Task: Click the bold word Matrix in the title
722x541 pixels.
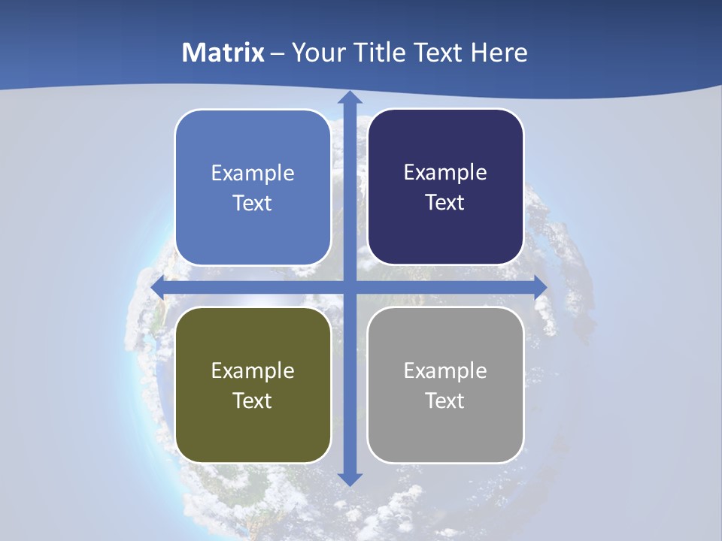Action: pos(223,53)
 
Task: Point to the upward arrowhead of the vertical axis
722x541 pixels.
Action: pos(349,98)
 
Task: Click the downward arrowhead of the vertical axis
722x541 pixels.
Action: pos(349,479)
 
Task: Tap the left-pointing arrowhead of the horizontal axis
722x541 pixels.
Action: pos(158,288)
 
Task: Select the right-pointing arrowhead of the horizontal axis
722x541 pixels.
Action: pos(540,288)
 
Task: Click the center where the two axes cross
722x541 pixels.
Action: pos(349,288)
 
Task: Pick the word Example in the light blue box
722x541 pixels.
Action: pos(253,174)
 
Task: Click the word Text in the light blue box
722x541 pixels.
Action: pos(253,203)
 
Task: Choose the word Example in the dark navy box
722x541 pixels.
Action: pos(445,173)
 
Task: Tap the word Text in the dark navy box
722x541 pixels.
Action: pos(445,202)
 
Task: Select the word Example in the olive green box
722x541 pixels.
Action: pos(253,371)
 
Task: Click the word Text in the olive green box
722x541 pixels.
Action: pos(253,400)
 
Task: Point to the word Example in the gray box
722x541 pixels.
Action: pos(445,371)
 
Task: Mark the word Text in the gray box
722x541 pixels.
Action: pos(445,400)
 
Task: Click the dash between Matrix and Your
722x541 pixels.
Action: pos(278,53)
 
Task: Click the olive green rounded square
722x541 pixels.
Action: pos(253,436)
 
